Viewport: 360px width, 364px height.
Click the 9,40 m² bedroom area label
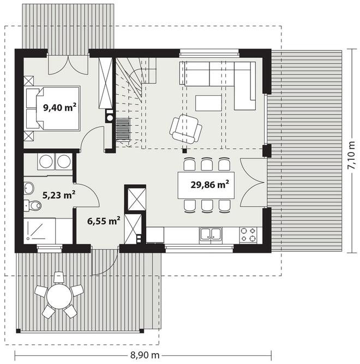[x=60, y=107]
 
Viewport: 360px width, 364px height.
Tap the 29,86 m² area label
[x=209, y=185]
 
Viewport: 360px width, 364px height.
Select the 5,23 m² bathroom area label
[x=58, y=195]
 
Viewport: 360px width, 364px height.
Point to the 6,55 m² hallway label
[x=104, y=221]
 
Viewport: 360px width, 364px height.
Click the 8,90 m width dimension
[x=145, y=355]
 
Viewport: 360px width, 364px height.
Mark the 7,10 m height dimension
[x=351, y=155]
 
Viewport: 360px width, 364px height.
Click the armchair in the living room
[x=185, y=129]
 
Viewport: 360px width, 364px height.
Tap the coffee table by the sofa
[x=208, y=103]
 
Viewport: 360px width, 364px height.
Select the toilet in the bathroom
[x=33, y=205]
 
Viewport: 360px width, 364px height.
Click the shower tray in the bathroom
[x=39, y=230]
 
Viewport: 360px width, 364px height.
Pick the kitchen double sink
[x=211, y=235]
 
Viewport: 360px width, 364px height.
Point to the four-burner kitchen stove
[x=248, y=235]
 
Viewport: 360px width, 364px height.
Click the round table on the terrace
[x=59, y=296]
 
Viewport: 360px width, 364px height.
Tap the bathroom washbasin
[x=29, y=188]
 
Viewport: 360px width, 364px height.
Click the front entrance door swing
[x=105, y=262]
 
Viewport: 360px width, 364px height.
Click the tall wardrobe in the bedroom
[x=105, y=83]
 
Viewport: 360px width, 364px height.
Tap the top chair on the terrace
[x=58, y=277]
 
